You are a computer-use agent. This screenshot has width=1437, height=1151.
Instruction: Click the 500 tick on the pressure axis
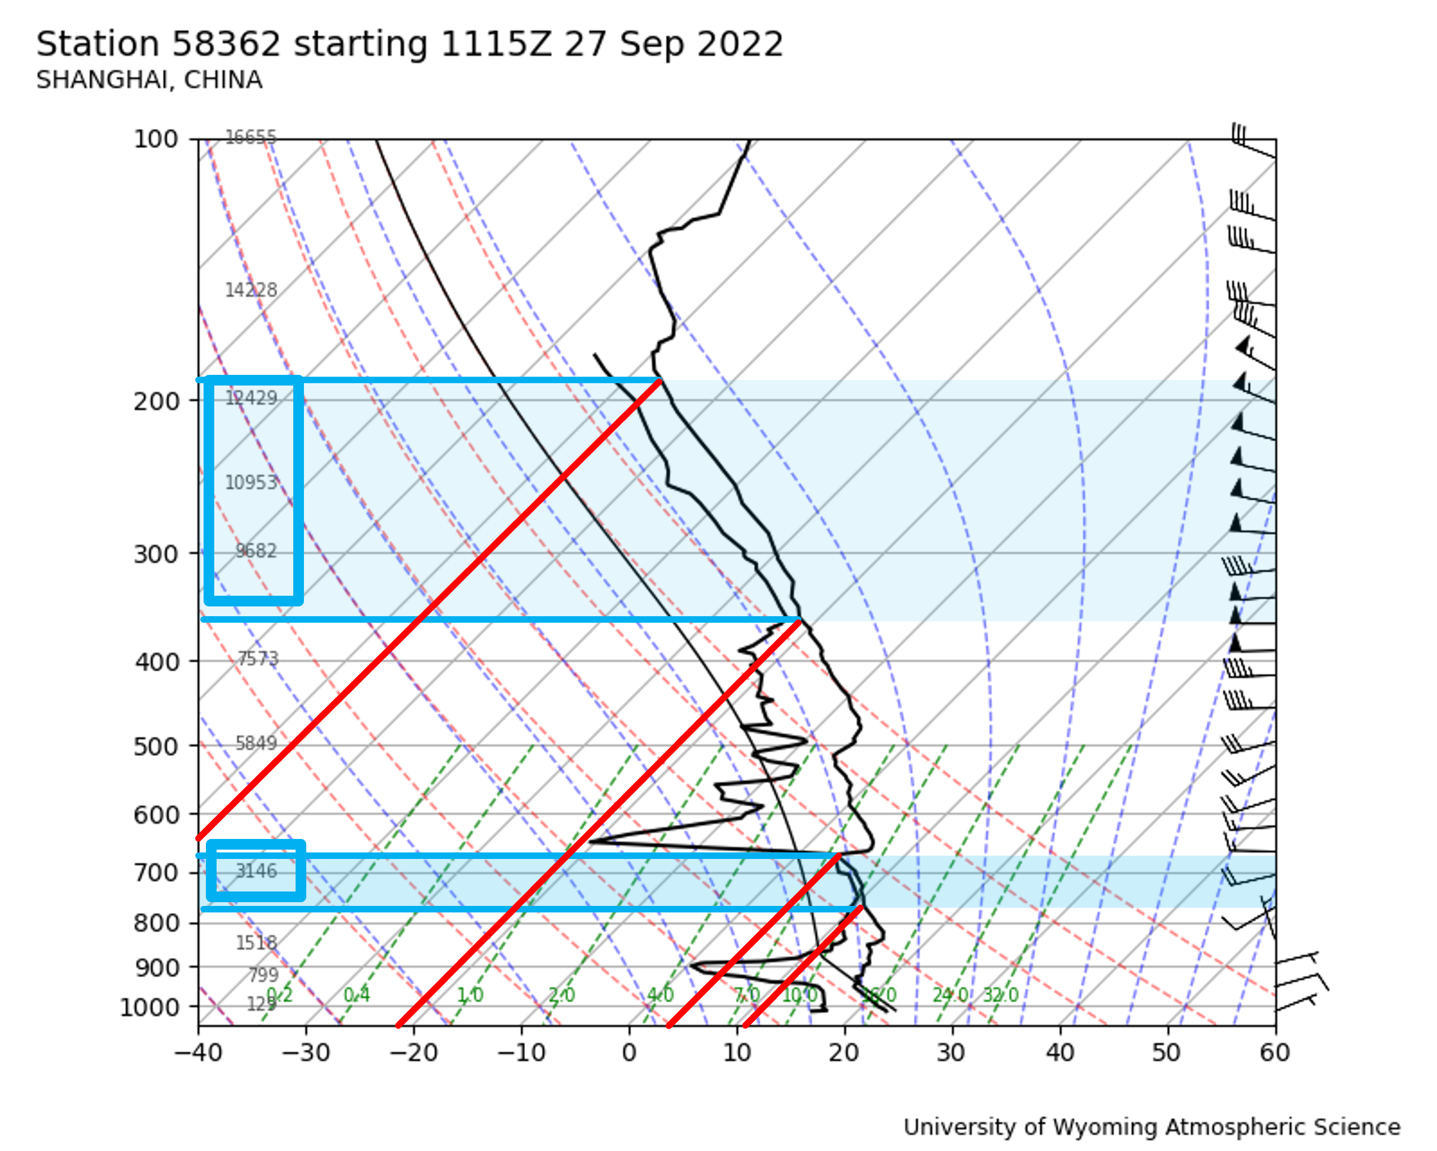click(156, 747)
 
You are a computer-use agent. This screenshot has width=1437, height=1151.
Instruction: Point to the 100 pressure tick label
click(156, 140)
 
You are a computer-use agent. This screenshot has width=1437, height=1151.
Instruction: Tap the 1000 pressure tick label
click(149, 1007)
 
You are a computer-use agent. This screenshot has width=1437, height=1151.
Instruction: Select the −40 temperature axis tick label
click(198, 1053)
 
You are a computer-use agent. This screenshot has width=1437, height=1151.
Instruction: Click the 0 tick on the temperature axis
click(629, 1053)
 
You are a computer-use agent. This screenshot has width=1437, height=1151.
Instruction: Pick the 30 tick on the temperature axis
click(952, 1053)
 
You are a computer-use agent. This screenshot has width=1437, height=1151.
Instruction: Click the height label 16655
click(250, 137)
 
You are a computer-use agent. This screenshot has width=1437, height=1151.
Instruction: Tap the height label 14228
click(250, 290)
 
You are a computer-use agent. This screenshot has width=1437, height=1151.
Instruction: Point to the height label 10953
click(250, 482)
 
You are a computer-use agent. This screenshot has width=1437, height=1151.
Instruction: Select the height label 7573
click(258, 659)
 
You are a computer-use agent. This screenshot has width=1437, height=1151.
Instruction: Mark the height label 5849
click(256, 743)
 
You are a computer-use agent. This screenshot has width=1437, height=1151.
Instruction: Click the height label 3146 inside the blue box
click(256, 871)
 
